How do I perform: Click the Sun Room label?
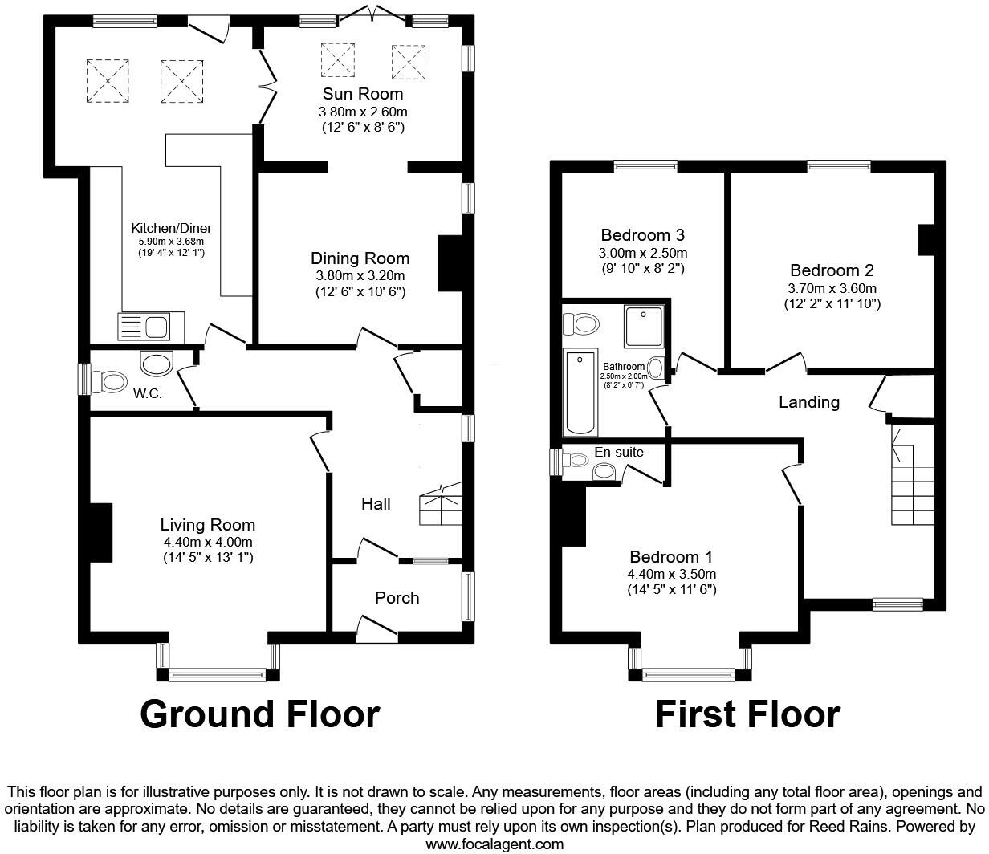(363, 94)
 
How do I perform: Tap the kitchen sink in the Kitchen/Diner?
(151, 327)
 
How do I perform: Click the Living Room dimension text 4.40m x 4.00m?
(208, 542)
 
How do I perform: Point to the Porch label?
(397, 598)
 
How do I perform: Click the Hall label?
(376, 504)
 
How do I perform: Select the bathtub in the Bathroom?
(580, 392)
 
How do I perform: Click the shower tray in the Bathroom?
(644, 327)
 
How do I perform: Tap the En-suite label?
(618, 453)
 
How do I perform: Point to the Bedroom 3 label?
(642, 235)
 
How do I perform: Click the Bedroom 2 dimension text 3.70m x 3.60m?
(832, 288)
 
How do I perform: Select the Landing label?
(808, 402)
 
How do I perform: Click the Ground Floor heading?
(259, 714)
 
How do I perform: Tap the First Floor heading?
(747, 714)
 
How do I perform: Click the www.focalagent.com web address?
(494, 844)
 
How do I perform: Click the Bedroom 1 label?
(671, 557)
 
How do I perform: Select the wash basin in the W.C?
(157, 364)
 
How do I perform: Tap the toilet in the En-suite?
(575, 461)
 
